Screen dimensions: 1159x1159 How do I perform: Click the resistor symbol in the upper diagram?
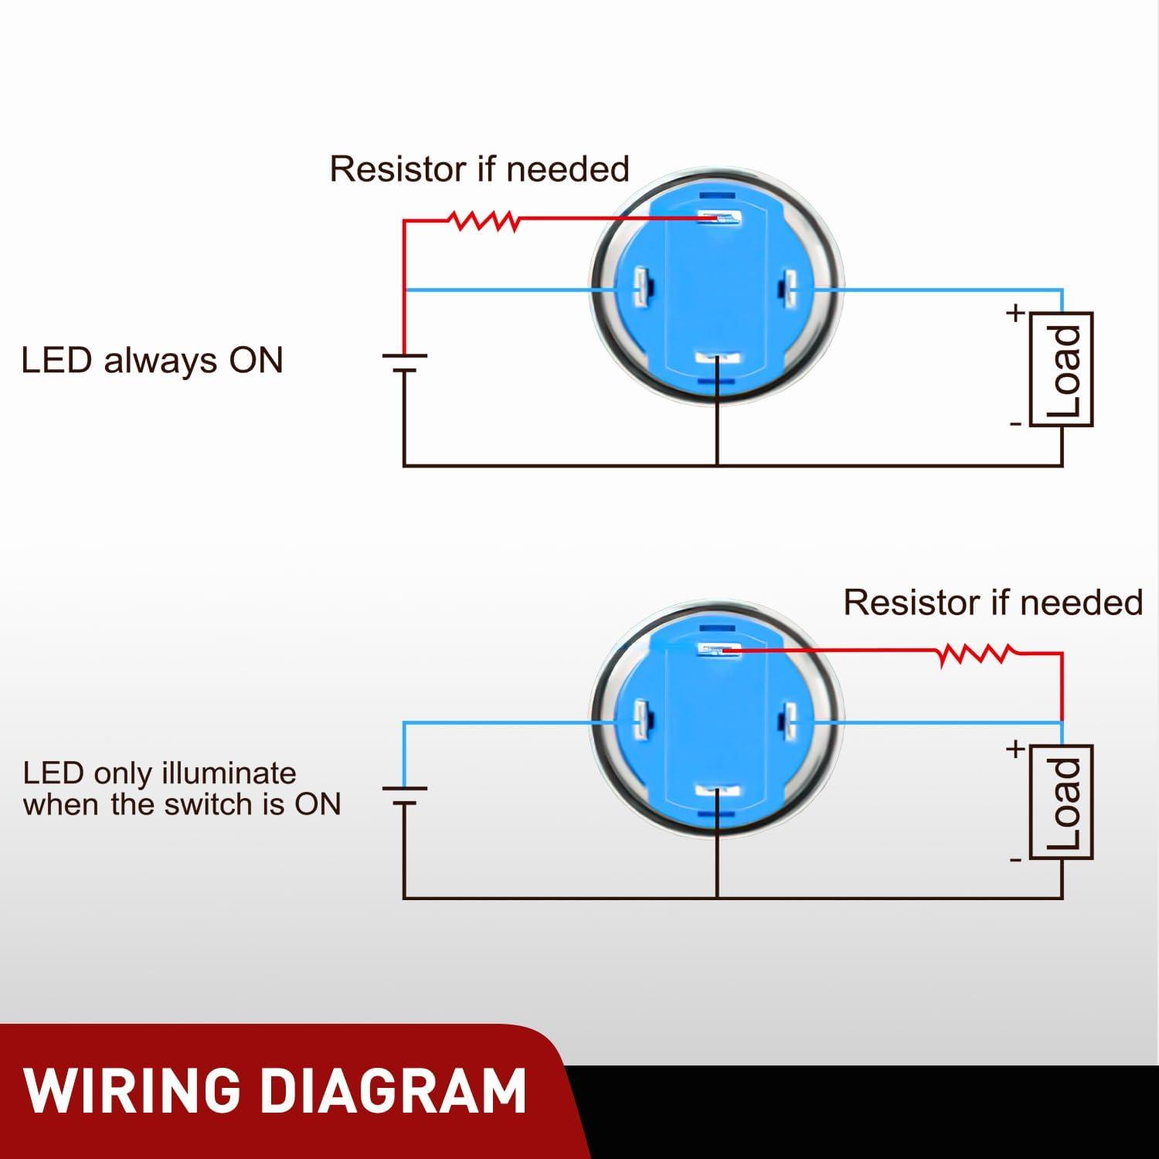point(484,222)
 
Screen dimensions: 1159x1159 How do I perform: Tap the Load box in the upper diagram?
point(1062,369)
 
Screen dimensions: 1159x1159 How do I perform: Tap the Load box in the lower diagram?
point(1062,802)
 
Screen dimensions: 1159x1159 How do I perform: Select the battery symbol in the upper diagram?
point(404,362)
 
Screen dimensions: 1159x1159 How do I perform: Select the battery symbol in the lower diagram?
point(404,795)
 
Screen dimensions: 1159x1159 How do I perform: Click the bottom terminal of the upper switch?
point(718,359)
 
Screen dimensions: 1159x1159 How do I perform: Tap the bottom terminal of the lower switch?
point(718,791)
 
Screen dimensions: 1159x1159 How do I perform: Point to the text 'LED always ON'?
point(152,361)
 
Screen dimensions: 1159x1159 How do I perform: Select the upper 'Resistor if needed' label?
point(479,169)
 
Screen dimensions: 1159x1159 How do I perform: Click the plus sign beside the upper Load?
point(1015,313)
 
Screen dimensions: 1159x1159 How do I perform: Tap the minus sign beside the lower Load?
point(1015,859)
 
